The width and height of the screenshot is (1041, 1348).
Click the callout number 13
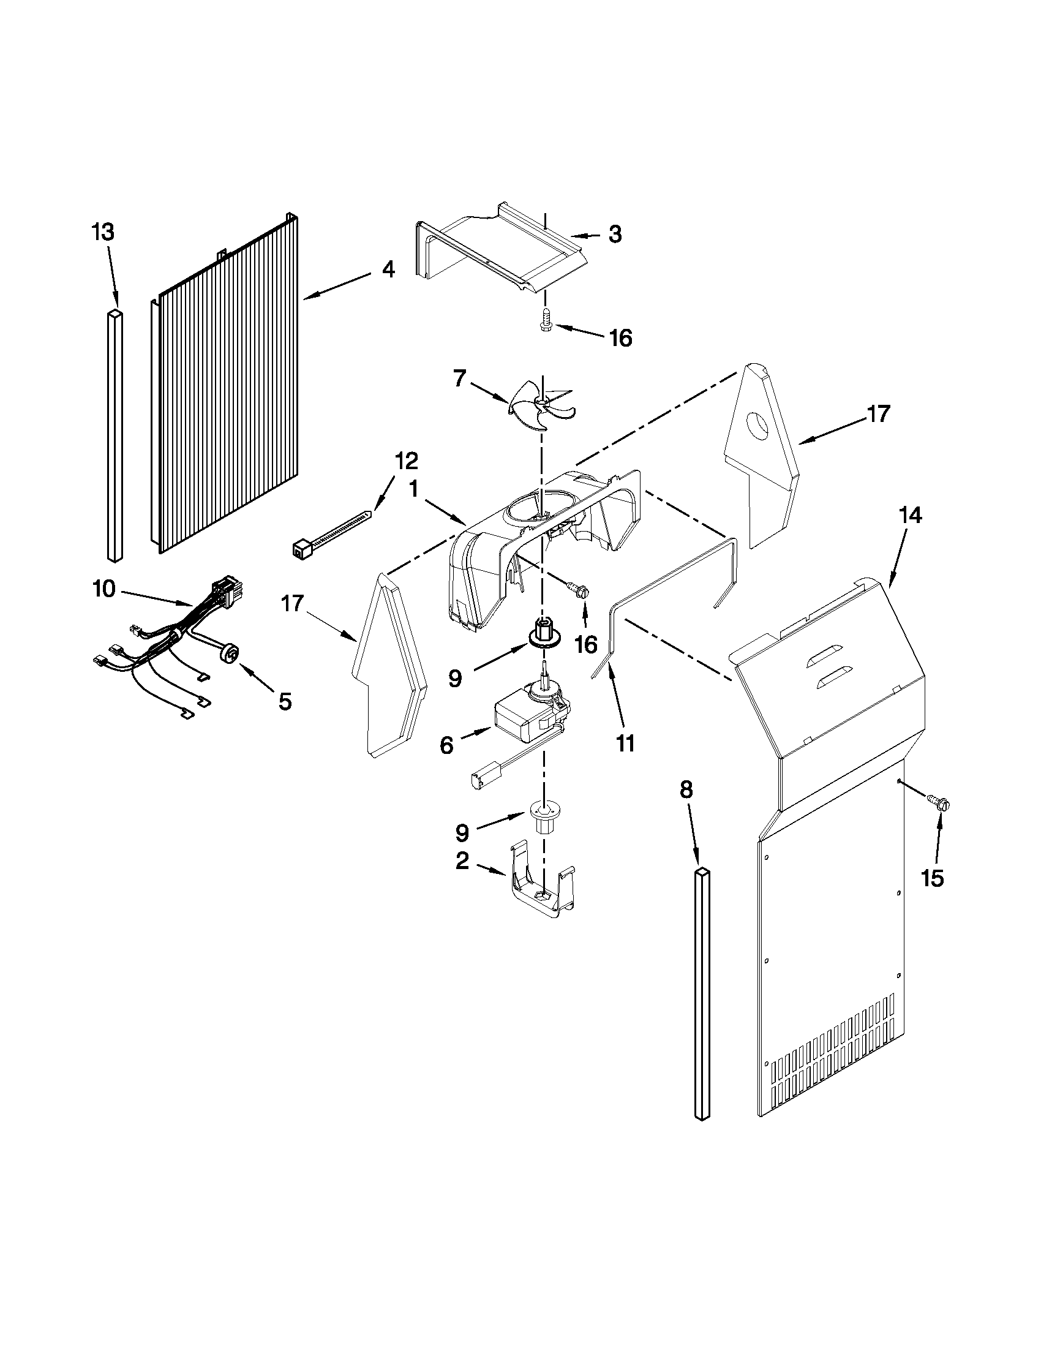pos(103,233)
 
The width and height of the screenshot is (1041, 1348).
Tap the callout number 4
pos(387,269)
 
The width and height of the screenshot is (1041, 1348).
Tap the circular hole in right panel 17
pos(757,424)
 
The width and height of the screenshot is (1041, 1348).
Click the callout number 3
pos(615,235)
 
